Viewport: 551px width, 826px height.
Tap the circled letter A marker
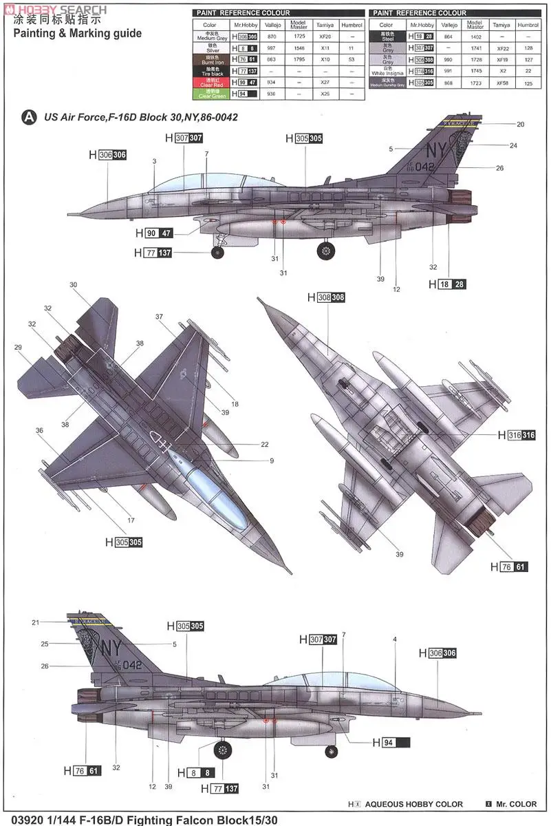tap(29, 117)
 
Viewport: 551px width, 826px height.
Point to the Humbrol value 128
tap(528, 47)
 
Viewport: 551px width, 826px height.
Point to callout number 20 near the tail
tap(520, 124)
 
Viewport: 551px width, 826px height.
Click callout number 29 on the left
tap(18, 347)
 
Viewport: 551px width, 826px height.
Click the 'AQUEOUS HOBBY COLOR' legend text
tap(414, 803)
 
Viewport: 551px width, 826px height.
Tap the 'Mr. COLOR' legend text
tap(517, 803)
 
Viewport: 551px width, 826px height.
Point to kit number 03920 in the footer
tap(21, 819)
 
